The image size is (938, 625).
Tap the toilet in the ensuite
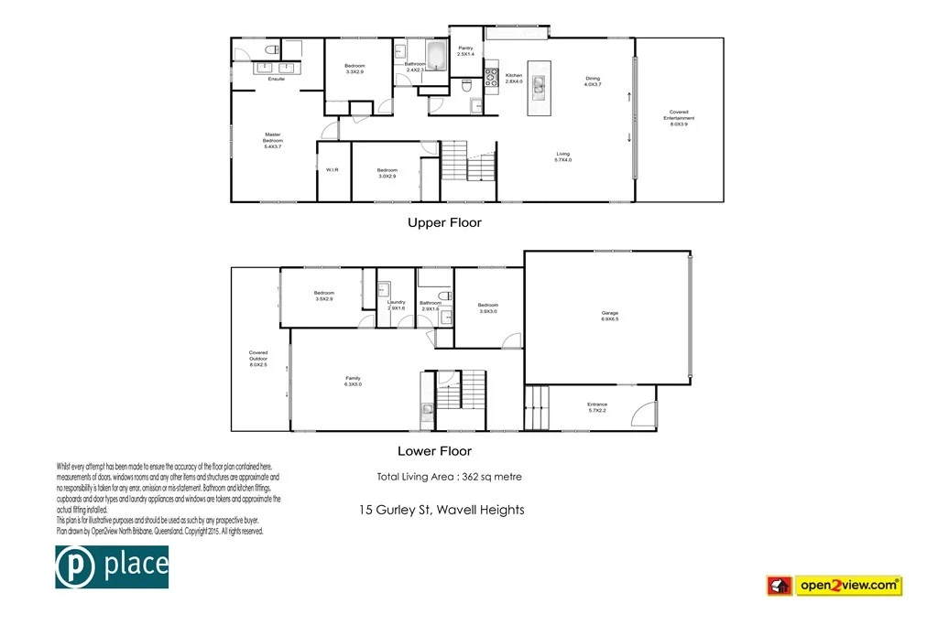[x=271, y=49]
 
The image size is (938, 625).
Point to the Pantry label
[x=465, y=51]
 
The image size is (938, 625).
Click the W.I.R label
[x=333, y=169]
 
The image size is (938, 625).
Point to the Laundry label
[x=396, y=305]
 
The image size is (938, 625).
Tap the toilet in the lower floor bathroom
[x=442, y=295]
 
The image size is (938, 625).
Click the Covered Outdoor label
[x=258, y=358]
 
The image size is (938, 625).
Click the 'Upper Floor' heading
[x=443, y=222]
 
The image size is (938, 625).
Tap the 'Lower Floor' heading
[x=434, y=451]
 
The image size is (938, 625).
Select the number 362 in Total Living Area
[x=475, y=477]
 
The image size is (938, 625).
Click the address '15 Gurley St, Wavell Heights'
[x=442, y=510]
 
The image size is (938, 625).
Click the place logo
[x=112, y=566]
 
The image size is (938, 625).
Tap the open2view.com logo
[x=834, y=585]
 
